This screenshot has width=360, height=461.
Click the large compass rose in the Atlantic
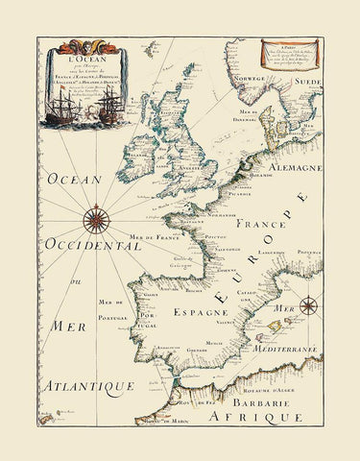click(x=97, y=221)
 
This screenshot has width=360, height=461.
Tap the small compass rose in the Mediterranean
click(x=309, y=307)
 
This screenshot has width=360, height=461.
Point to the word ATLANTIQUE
click(x=86, y=386)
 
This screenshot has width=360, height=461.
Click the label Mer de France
click(x=158, y=238)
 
